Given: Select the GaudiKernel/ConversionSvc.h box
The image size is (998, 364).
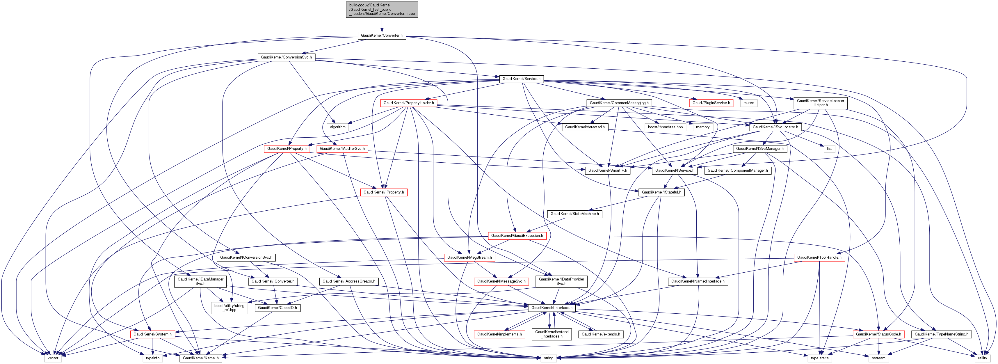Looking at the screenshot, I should (x=286, y=57).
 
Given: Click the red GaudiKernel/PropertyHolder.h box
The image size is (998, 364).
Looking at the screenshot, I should (x=409, y=103).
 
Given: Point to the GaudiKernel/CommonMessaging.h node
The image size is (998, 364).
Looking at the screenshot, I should (x=619, y=103).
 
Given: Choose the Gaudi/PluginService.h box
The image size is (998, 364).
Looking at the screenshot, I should (x=711, y=103).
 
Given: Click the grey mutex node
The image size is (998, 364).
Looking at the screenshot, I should (x=748, y=103).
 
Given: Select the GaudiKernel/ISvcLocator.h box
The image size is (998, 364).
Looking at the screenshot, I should (x=775, y=127).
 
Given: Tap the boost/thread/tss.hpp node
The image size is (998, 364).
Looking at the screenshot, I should (x=665, y=127).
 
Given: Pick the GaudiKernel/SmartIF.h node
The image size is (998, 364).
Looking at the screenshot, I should (x=607, y=171).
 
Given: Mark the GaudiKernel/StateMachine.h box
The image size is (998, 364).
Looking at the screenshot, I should (x=574, y=214).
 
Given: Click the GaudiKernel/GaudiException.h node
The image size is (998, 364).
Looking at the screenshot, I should (x=517, y=236).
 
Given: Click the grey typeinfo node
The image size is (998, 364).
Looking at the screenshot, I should (x=153, y=358).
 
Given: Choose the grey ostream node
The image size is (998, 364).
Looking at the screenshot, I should (x=878, y=358).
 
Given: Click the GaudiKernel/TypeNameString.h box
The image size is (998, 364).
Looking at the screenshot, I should (x=941, y=334).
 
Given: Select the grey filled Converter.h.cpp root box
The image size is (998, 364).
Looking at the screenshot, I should (x=382, y=10).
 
